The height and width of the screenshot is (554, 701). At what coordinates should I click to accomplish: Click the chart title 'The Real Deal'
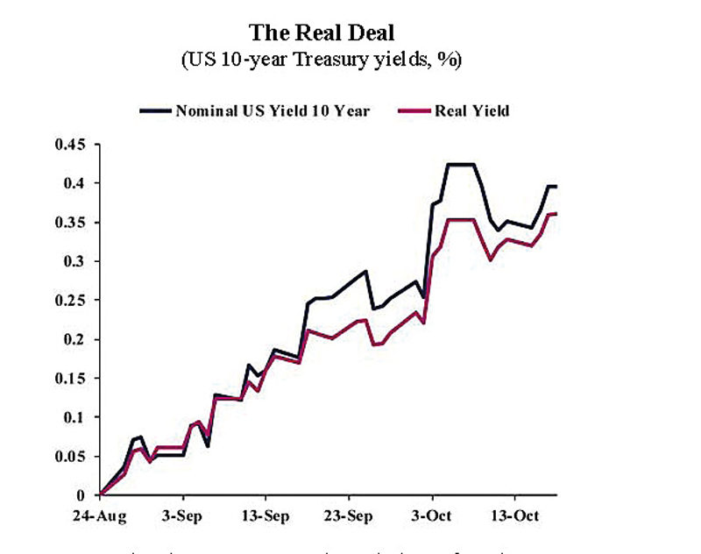coord(322,32)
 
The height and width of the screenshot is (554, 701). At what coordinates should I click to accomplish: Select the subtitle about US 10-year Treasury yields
coord(322,60)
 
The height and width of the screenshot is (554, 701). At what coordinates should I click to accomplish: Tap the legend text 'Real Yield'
coord(478,111)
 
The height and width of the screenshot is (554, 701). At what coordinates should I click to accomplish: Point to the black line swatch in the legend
coord(156,112)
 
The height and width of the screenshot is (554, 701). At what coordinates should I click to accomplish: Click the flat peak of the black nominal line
coord(461,164)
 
